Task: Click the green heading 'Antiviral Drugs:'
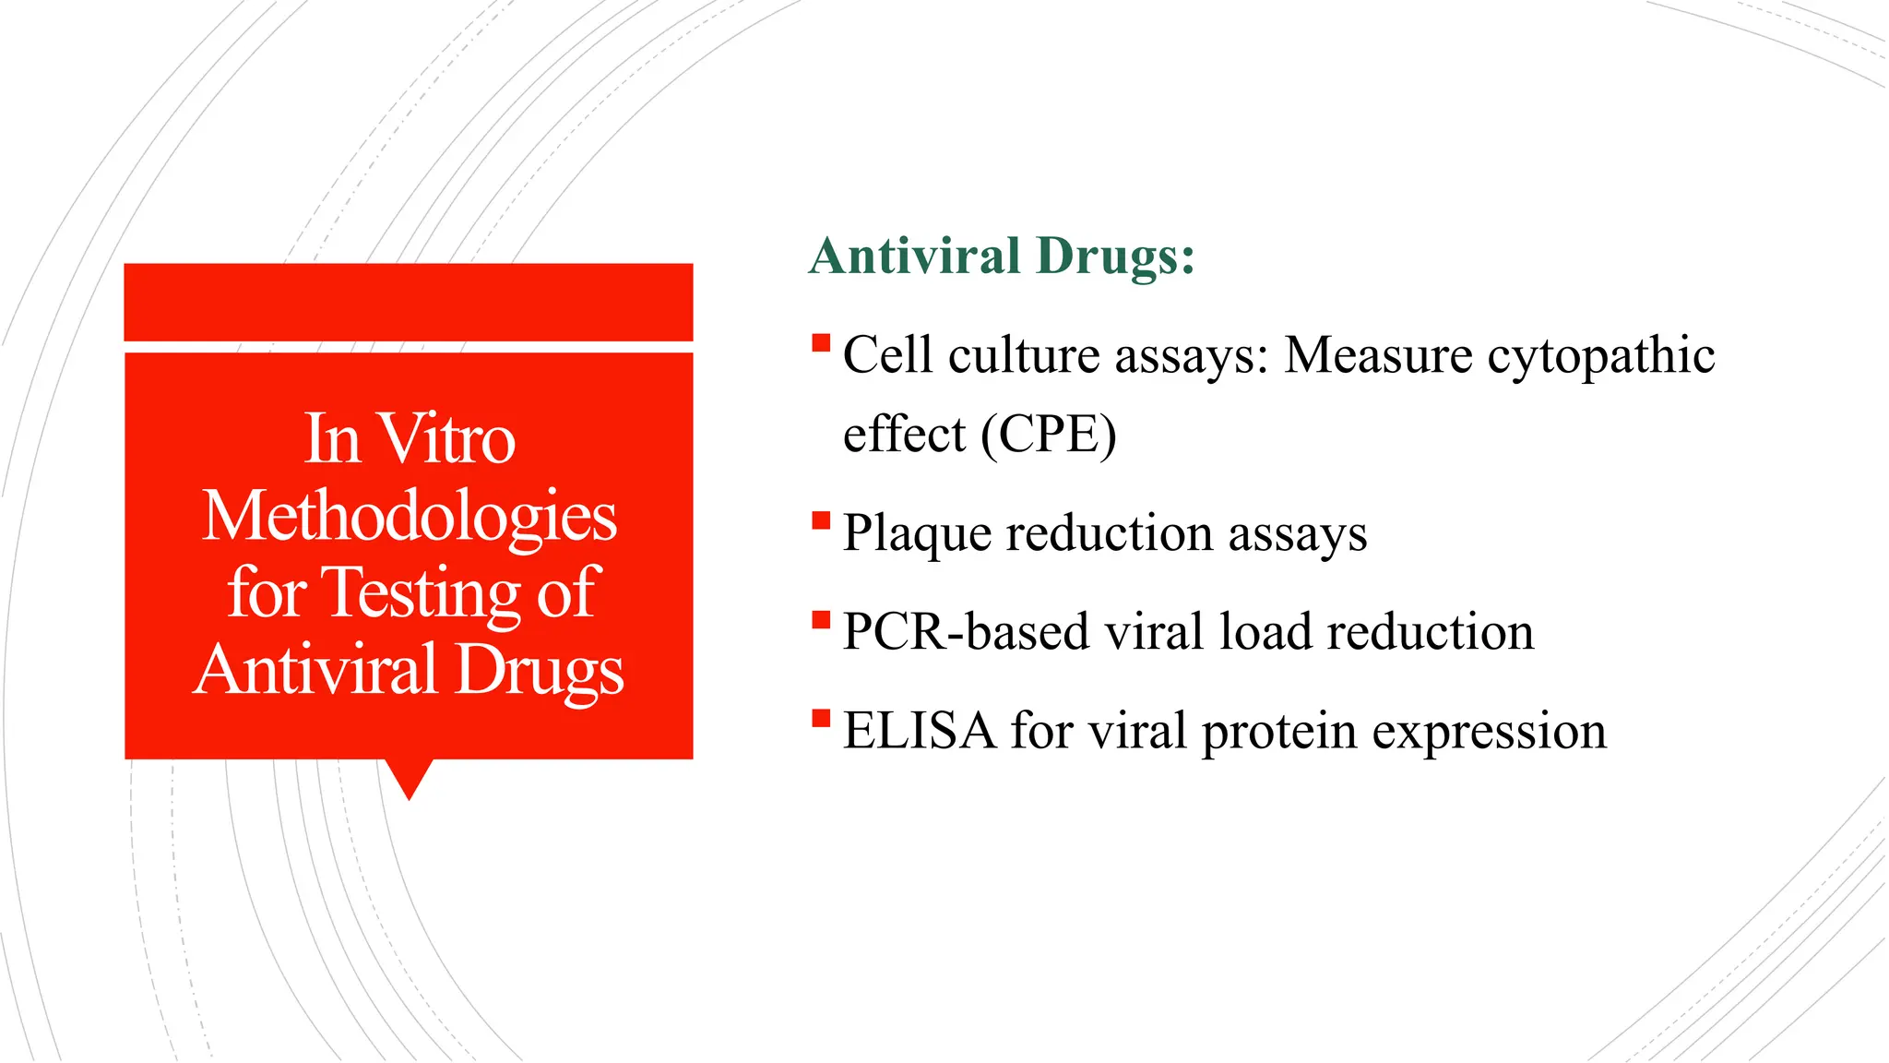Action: [x=1002, y=256]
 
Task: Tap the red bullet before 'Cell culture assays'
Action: [x=821, y=344]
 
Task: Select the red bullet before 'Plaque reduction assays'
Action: [x=821, y=522]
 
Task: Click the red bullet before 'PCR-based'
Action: [x=821, y=620]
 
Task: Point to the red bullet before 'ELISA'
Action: [x=821, y=719]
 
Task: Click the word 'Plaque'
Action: [x=916, y=534]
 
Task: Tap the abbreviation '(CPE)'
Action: [x=1048, y=434]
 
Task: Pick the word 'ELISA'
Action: [x=920, y=731]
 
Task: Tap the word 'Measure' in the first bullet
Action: [x=1378, y=355]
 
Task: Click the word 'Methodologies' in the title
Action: [x=410, y=517]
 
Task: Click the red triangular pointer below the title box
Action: [x=409, y=777]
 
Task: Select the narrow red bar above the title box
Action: [x=409, y=302]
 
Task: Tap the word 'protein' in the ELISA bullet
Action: [x=1278, y=733]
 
